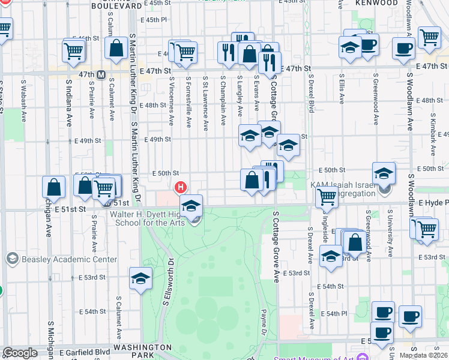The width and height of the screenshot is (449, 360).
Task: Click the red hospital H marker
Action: click(x=180, y=188)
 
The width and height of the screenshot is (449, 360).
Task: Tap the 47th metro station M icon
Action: click(x=101, y=75)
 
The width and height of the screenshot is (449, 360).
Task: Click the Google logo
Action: click(x=20, y=353)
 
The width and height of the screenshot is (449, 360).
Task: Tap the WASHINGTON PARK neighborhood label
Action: click(x=143, y=347)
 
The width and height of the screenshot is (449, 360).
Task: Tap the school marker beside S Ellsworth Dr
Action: click(x=140, y=278)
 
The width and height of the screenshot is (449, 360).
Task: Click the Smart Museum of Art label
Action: click(x=315, y=357)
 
